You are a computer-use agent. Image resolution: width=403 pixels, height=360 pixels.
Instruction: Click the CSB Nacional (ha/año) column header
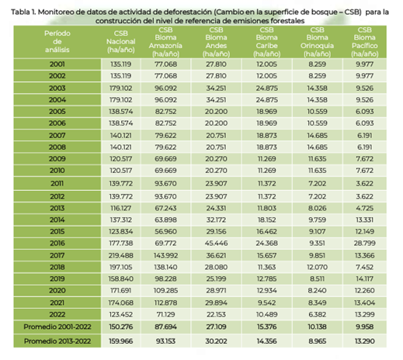(x=121, y=42)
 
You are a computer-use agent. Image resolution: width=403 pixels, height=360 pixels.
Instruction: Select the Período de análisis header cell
(x=57, y=42)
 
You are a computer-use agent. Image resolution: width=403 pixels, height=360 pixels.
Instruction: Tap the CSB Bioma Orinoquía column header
(x=317, y=42)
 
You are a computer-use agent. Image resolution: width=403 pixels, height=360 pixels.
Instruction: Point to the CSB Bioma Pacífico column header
(x=365, y=42)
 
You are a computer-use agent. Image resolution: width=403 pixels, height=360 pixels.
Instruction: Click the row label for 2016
(x=57, y=244)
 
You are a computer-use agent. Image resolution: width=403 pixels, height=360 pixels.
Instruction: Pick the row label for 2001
(x=57, y=64)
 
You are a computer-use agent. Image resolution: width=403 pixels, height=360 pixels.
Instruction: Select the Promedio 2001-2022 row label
(x=57, y=327)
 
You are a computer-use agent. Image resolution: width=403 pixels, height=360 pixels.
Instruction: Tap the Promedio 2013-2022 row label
(x=57, y=341)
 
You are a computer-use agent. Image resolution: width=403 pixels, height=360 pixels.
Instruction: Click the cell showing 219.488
(x=121, y=255)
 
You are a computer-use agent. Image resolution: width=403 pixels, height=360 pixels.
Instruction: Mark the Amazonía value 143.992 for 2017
(x=165, y=255)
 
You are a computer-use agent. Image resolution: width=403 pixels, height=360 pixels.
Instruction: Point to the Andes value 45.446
(x=216, y=244)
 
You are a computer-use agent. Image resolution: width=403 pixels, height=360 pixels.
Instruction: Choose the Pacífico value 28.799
(x=365, y=244)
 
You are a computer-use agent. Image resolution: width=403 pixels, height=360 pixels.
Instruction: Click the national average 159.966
(x=121, y=341)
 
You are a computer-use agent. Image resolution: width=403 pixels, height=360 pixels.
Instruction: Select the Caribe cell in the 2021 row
(x=266, y=303)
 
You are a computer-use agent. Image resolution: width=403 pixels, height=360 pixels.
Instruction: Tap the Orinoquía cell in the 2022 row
(x=317, y=314)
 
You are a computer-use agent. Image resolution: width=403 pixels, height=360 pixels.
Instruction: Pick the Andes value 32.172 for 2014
(x=216, y=220)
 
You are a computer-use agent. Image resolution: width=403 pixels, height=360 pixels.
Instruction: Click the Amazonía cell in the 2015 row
(x=165, y=231)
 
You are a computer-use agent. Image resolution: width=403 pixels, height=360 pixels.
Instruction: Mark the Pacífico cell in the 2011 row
(x=365, y=184)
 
